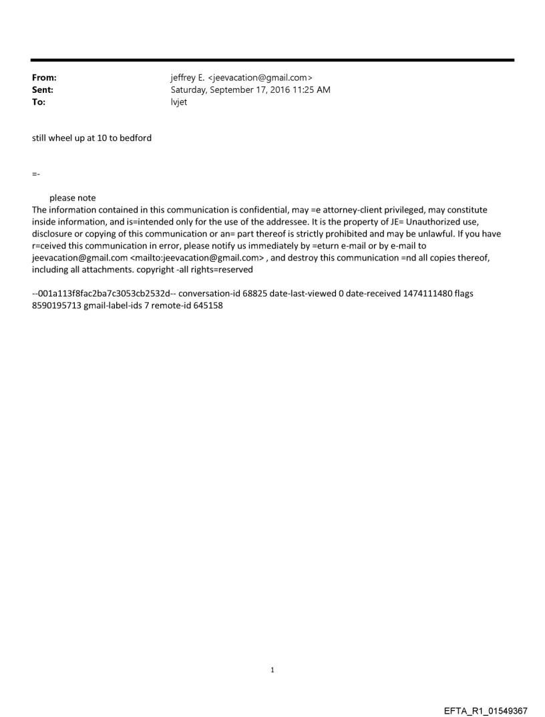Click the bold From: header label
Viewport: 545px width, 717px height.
(x=44, y=78)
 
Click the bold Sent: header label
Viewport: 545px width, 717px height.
(x=43, y=90)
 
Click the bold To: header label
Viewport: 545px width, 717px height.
(x=39, y=102)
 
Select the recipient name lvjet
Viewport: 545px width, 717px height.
(x=179, y=102)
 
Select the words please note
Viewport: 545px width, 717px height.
(x=73, y=198)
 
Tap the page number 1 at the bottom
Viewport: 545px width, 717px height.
(x=272, y=670)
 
